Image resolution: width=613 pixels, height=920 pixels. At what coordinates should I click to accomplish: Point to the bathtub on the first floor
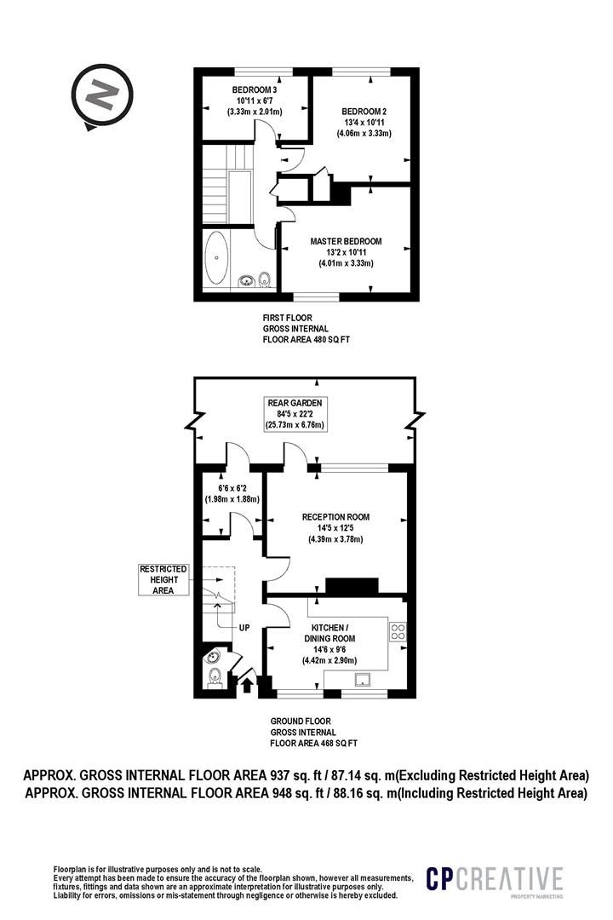[x=218, y=258]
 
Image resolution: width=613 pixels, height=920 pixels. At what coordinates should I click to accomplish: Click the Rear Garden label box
[x=295, y=414]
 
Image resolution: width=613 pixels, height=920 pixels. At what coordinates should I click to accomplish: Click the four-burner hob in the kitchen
[x=398, y=630]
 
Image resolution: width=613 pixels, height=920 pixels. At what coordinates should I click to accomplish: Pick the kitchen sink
[x=364, y=680]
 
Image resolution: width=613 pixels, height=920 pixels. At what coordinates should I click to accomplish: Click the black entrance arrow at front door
[x=247, y=685]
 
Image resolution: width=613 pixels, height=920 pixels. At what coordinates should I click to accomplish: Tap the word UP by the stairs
[x=244, y=628]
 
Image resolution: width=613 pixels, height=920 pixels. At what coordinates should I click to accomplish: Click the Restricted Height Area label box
[x=163, y=580]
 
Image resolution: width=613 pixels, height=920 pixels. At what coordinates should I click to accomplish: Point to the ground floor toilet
[x=215, y=677]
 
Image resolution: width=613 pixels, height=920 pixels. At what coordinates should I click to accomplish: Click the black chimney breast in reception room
[x=352, y=585]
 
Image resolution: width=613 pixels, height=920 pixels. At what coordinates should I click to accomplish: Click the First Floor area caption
[x=306, y=329]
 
